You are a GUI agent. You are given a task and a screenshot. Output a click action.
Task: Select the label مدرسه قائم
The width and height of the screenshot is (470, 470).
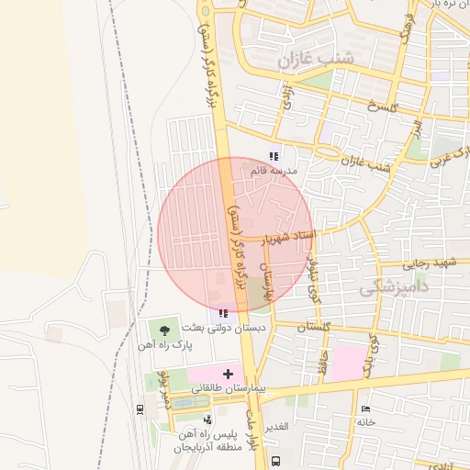pyautogui.click(x=274, y=171)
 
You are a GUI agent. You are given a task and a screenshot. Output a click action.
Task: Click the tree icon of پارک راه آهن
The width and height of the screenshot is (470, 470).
pyautogui.click(x=165, y=328)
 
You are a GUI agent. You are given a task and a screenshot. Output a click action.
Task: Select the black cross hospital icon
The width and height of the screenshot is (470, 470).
pyautogui.click(x=229, y=374)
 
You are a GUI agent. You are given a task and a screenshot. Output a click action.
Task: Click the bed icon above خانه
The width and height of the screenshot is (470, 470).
pyautogui.click(x=366, y=407)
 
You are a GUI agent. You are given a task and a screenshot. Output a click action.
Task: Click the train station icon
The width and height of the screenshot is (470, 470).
pyautogui.click(x=140, y=409)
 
